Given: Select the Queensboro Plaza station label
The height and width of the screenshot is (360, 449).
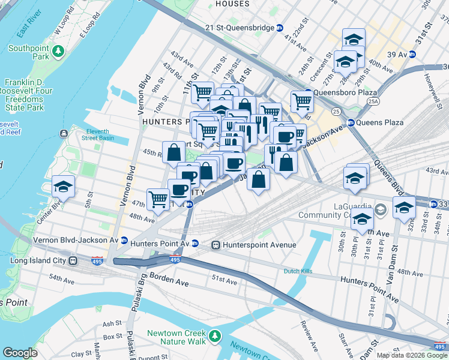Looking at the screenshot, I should click(x=343, y=93).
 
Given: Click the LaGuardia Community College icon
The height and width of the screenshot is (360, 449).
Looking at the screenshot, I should click(x=380, y=211).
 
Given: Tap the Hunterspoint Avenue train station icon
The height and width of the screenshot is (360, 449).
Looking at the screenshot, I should click(x=215, y=245).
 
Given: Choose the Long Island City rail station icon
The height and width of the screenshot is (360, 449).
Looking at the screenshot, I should click(x=73, y=261).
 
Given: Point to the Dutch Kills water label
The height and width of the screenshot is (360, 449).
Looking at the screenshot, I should click(x=299, y=271).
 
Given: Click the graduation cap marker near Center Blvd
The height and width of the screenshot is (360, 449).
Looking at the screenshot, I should click(x=63, y=187).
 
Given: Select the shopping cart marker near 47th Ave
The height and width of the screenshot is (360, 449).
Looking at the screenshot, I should click(x=158, y=199).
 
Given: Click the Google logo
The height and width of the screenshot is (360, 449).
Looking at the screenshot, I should click(x=20, y=353).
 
